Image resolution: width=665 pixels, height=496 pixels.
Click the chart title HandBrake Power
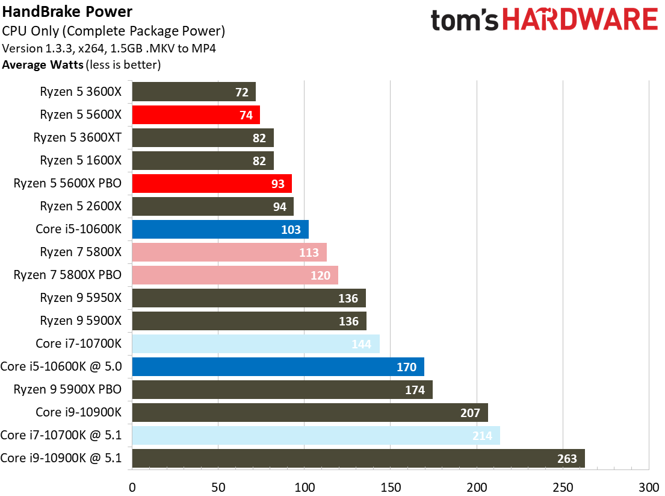click(x=67, y=11)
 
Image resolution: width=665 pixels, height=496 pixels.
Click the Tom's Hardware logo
click(x=544, y=20)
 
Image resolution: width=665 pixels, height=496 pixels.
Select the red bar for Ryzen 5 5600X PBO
click(x=212, y=184)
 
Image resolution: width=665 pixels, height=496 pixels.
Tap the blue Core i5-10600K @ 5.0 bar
click(x=278, y=367)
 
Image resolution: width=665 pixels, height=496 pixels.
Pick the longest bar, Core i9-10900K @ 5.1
click(x=358, y=459)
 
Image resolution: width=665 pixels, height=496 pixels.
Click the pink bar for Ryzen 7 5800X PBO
click(x=235, y=275)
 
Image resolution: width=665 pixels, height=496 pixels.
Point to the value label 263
click(x=567, y=459)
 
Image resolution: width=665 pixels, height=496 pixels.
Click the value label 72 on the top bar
click(x=241, y=92)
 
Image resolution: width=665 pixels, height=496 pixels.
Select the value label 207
click(x=470, y=413)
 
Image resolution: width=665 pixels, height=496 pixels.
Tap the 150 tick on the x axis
click(x=390, y=486)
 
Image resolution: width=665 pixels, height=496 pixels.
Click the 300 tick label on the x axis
click(x=649, y=486)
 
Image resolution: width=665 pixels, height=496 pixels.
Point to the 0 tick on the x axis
click(x=132, y=486)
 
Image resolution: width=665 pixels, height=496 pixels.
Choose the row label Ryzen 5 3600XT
click(x=78, y=137)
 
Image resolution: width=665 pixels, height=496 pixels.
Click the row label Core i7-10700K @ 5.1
click(x=61, y=435)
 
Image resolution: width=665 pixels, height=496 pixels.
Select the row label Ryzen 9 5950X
click(x=81, y=298)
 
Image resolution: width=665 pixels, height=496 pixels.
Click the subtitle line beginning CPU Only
click(x=114, y=31)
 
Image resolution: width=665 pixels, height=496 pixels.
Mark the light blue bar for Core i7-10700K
click(x=256, y=344)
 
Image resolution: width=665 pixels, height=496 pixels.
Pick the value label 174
click(x=415, y=390)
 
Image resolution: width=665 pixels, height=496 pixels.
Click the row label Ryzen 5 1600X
click(x=81, y=160)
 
